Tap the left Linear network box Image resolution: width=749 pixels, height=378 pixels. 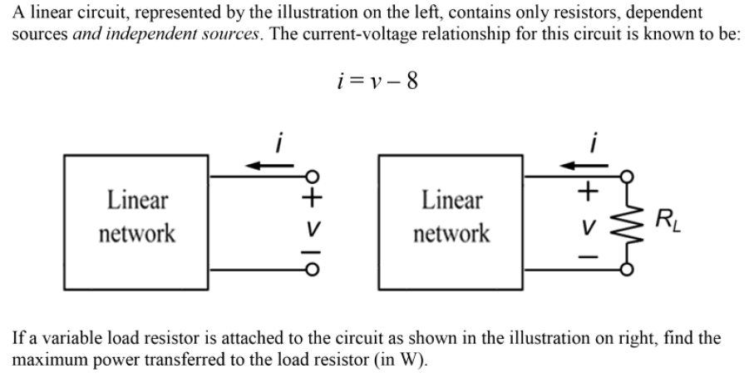click(x=137, y=216)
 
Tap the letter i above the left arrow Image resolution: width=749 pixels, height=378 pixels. click(x=280, y=142)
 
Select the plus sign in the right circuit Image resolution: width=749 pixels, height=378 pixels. click(x=589, y=191)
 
